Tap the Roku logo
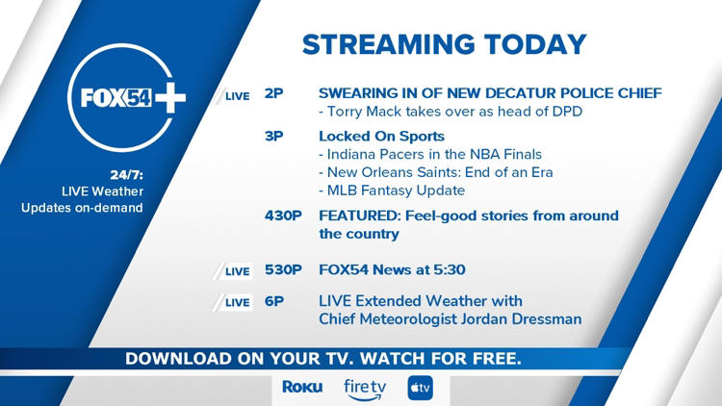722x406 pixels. pos(302,387)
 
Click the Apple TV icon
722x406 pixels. pos(421,387)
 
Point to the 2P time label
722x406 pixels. pos(273,94)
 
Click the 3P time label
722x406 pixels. pos(273,136)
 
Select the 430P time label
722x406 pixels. pos(284,216)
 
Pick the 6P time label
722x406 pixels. pos(273,301)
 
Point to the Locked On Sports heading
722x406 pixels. pos(381,136)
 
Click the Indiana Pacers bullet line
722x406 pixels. pos(432,154)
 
